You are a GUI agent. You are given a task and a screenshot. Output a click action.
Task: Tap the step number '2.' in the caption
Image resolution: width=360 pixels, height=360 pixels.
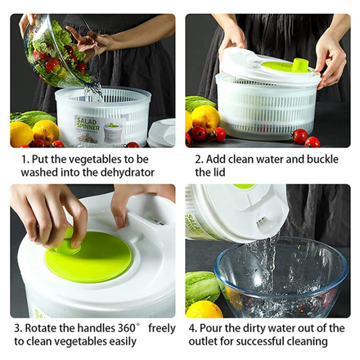(x=199, y=159)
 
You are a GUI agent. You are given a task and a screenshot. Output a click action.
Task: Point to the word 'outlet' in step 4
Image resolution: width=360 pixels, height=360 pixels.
(x=207, y=341)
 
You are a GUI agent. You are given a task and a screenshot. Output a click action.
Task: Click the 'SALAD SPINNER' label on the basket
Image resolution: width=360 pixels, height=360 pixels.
(x=88, y=123)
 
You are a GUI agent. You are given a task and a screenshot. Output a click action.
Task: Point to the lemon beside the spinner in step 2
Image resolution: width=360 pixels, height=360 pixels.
(x=205, y=118)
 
